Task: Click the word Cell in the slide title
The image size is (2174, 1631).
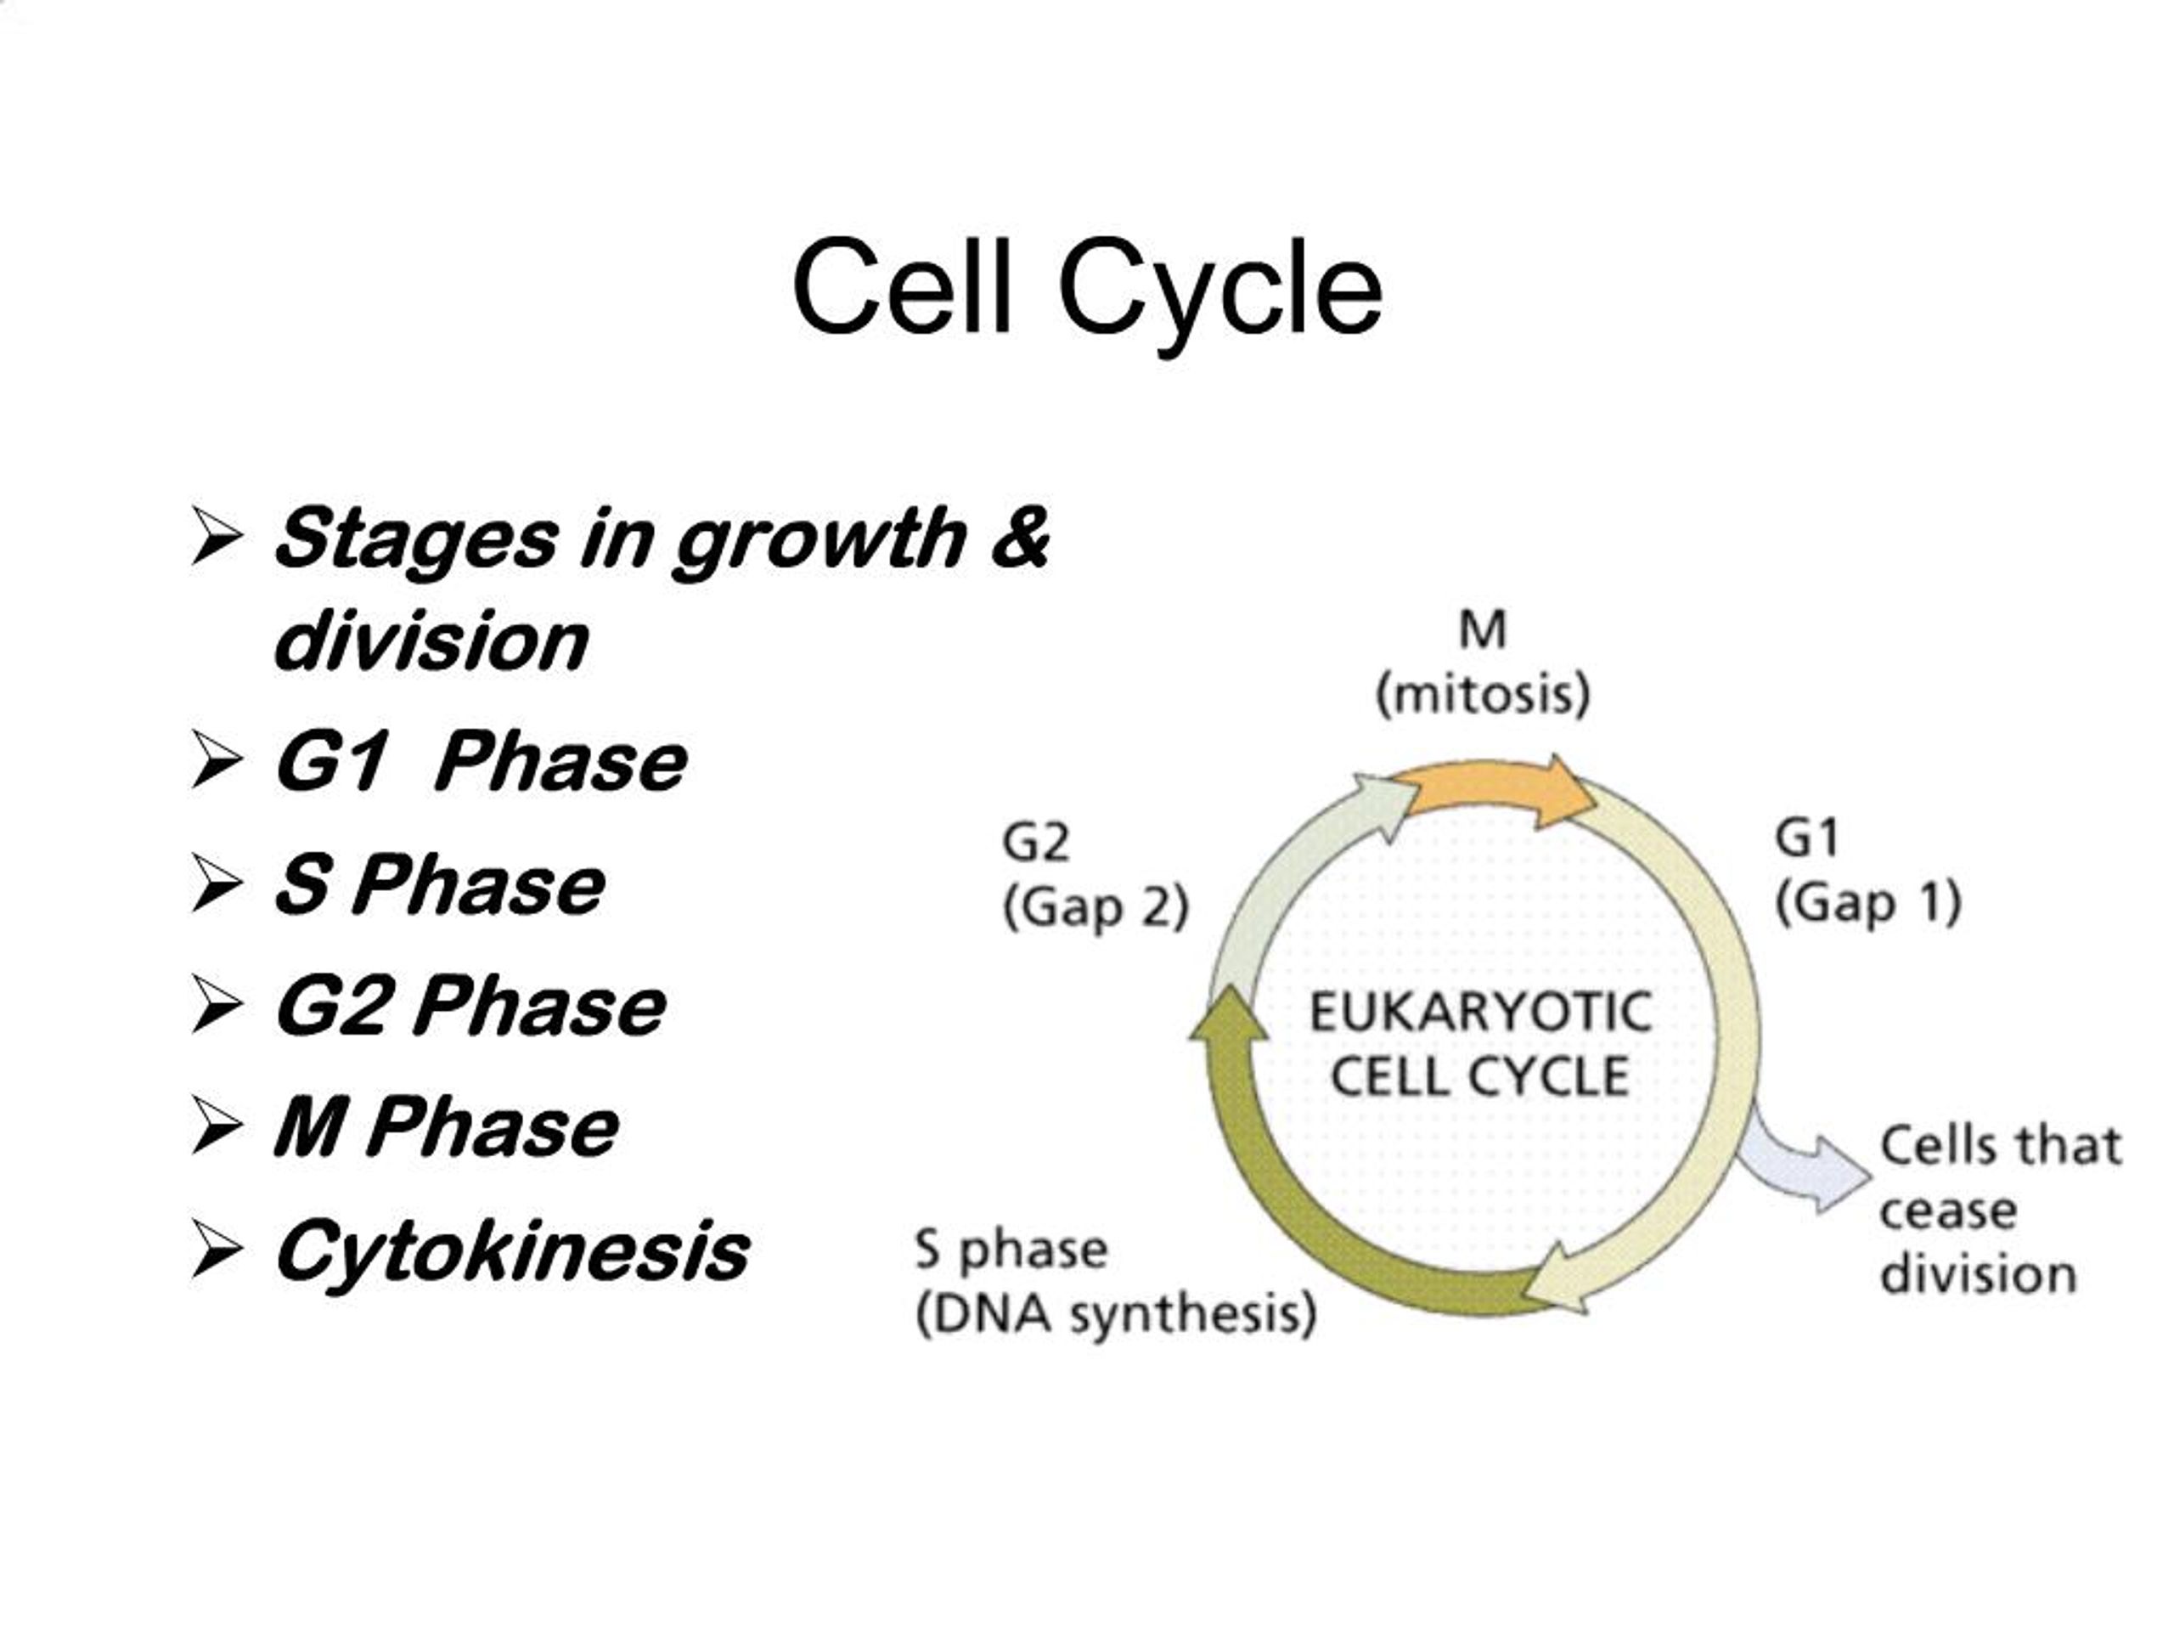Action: click(x=901, y=288)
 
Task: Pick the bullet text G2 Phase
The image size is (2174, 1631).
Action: click(x=470, y=1006)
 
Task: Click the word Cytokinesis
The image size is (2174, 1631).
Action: click(x=512, y=1250)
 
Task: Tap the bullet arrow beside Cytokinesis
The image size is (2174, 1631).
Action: click(x=217, y=1250)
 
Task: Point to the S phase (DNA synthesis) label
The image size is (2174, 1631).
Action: click(x=1114, y=1282)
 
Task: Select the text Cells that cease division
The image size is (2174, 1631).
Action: click(x=1995, y=1210)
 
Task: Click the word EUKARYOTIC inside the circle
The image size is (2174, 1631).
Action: click(x=1479, y=1013)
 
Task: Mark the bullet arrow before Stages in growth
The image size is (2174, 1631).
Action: click(x=217, y=536)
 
